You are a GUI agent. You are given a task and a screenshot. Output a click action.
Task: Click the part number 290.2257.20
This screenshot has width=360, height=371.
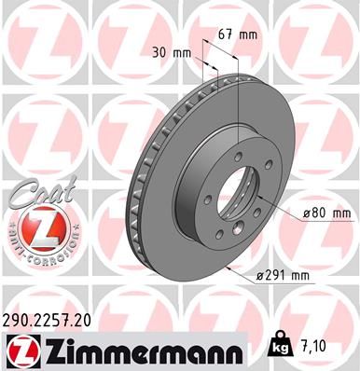pos(54,320)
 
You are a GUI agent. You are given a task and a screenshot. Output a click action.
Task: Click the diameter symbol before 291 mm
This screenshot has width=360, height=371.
pos(260,276)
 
